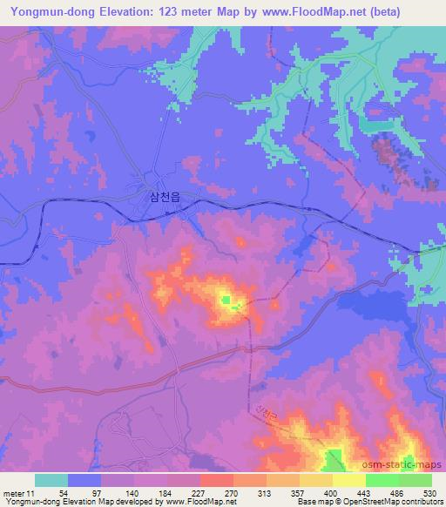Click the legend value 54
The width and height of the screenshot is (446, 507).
click(51, 492)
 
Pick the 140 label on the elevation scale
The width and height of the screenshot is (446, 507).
click(121, 492)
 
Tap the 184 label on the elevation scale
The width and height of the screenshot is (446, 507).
click(160, 492)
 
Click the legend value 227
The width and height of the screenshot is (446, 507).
click(198, 492)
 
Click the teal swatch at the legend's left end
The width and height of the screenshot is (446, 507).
click(51, 480)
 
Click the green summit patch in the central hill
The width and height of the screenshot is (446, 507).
click(226, 301)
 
